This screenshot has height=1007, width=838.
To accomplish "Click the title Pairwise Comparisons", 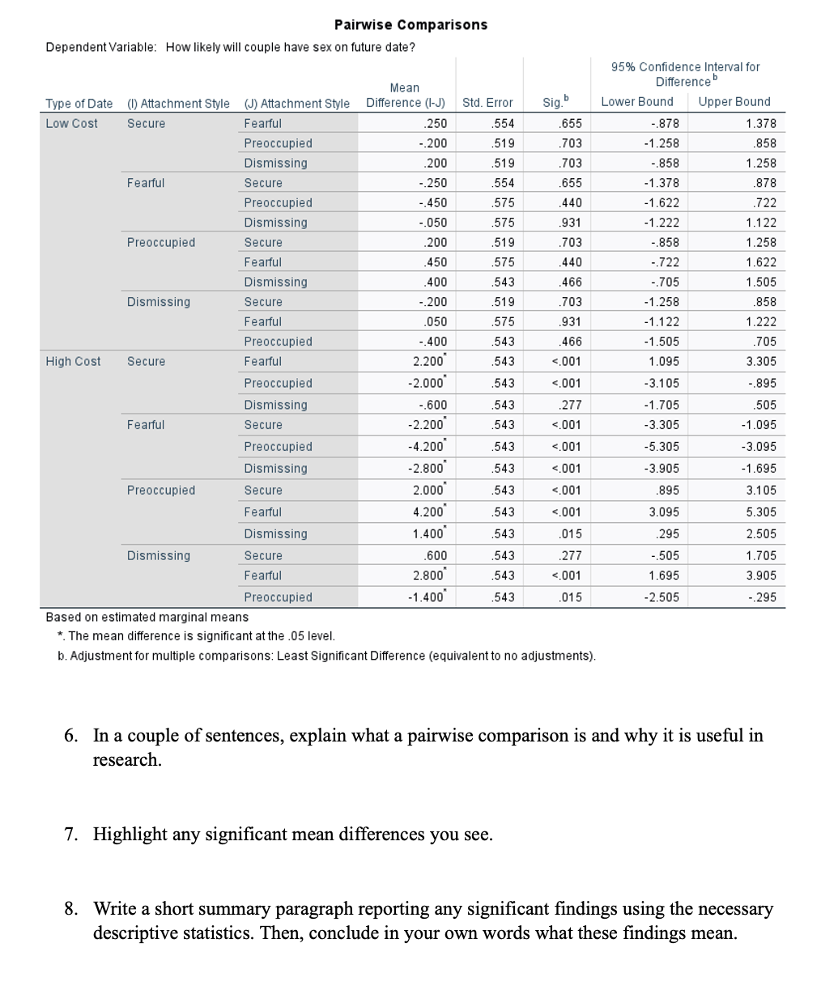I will tap(410, 24).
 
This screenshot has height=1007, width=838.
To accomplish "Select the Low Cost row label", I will tap(71, 123).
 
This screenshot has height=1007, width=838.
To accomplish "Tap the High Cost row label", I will tap(73, 361).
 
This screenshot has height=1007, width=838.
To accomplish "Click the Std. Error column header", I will tap(487, 103).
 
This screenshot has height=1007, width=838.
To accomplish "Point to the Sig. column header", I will tap(555, 102).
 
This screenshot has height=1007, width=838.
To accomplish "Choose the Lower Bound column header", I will tap(637, 101).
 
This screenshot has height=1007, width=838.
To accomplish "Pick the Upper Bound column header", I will tap(734, 101).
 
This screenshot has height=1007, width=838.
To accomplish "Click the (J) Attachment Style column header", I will tap(297, 103).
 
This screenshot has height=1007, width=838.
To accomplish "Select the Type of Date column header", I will tap(79, 103).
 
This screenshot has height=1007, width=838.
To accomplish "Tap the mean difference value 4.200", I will tap(428, 512).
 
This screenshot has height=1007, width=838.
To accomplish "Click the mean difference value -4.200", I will tap(427, 446).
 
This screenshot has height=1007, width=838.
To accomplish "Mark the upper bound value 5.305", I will tap(760, 512).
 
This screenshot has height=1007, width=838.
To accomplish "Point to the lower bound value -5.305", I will tap(661, 446).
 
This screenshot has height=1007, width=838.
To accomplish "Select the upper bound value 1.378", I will tap(760, 123).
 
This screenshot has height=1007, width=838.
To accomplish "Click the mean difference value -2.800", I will tap(427, 468).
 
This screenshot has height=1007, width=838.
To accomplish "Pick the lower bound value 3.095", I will tap(664, 512).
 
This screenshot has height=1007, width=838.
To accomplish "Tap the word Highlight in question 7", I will tap(130, 834).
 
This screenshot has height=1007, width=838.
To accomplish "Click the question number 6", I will tap(71, 735).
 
